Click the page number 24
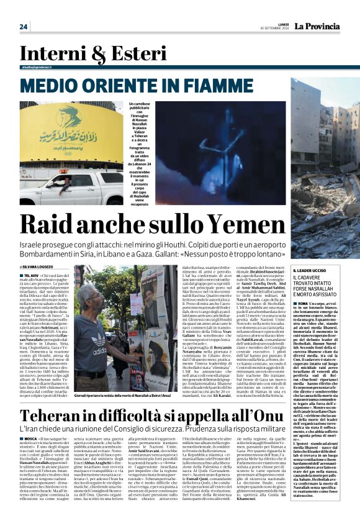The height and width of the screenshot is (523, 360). [24, 27]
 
